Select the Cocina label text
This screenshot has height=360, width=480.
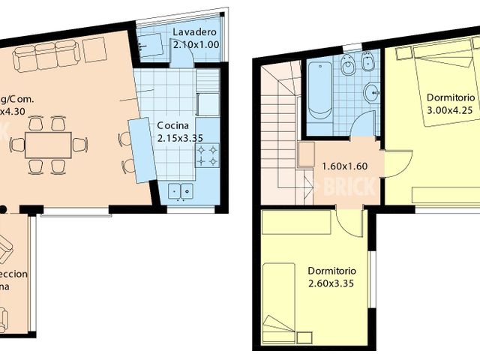(x=172, y=125)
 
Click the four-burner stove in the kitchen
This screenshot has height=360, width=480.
(x=208, y=155)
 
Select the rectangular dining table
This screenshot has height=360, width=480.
(x=48, y=145)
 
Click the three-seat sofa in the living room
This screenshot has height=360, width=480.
(x=46, y=53)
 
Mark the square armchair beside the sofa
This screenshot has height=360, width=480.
(x=94, y=50)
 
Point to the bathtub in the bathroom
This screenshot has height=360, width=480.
(x=318, y=91)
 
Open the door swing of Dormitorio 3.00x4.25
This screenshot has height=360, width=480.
(x=397, y=163)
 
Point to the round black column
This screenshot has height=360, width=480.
(x=4, y=208)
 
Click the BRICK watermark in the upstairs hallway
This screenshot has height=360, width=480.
(x=345, y=187)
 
